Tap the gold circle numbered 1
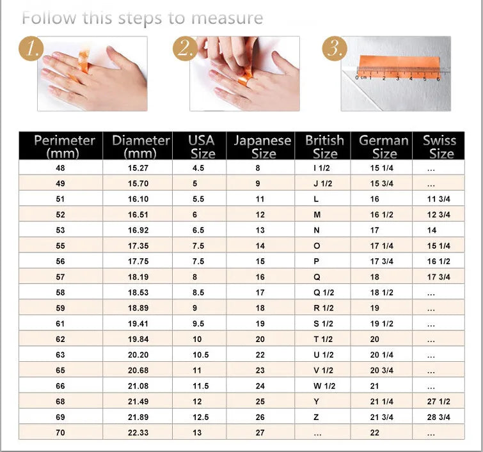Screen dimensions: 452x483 (30, 49)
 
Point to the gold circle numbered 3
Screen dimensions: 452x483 (333, 49)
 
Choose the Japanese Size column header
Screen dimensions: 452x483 (262, 146)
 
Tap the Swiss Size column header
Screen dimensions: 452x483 (439, 146)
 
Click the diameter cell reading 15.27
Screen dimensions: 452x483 (138, 168)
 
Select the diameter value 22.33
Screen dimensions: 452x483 (138, 433)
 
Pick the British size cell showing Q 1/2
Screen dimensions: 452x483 (323, 293)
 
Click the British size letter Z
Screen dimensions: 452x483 (317, 417)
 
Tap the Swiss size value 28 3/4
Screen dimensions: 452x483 (439, 417)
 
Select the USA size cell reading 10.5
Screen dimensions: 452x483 (202, 355)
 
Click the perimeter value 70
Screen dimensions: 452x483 (60, 433)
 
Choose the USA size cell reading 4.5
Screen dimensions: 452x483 (198, 168)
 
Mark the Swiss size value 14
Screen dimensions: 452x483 (432, 230)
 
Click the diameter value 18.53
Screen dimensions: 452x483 (138, 293)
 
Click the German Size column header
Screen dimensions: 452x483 (384, 146)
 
